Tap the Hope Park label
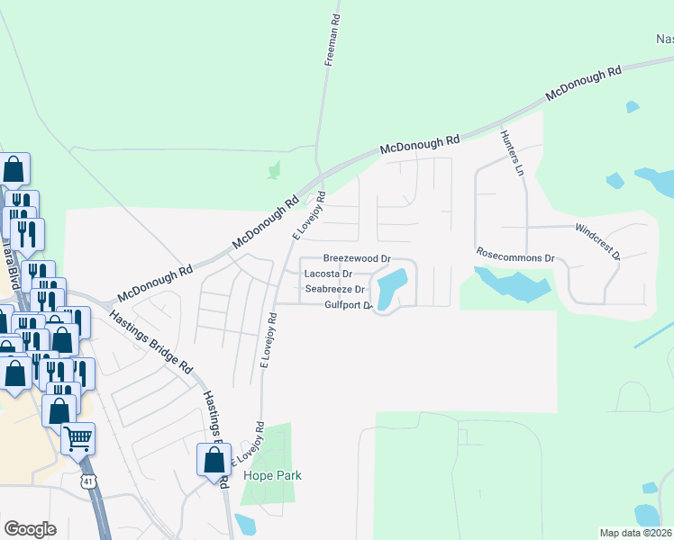(x=277, y=475)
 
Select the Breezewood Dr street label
(x=357, y=258)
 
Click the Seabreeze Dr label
(x=334, y=289)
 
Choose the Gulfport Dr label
(x=348, y=305)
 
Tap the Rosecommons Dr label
(x=515, y=256)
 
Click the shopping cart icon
(x=78, y=438)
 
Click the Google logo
(x=30, y=529)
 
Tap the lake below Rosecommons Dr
(x=514, y=287)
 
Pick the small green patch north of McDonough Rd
(x=274, y=168)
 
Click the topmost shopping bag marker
(x=14, y=168)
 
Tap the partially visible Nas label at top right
(x=663, y=39)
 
